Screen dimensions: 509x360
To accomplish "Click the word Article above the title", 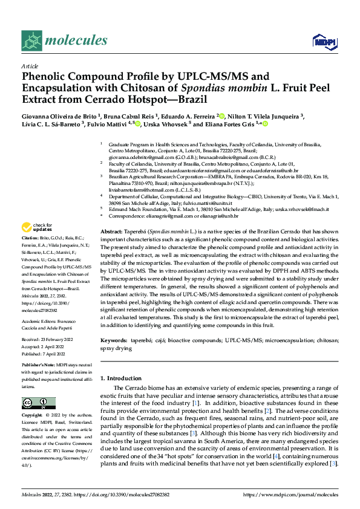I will point(30,66).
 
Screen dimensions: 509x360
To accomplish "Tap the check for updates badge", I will point(36,228).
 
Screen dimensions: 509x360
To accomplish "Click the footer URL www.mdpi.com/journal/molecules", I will point(290,494).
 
